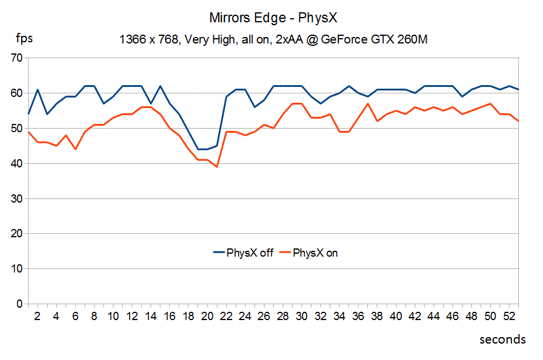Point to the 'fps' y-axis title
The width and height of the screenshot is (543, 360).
pos(24,39)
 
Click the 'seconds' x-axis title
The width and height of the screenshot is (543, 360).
pos(502,339)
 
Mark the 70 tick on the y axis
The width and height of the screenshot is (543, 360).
pos(16,58)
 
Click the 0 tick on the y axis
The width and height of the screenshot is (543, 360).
pos(19,304)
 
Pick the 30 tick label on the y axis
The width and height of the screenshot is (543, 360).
pos(16,198)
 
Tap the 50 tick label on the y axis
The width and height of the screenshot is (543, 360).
pos(16,129)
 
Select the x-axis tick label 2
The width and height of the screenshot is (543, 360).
pos(38,316)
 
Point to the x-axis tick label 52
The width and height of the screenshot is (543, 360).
pos(509,316)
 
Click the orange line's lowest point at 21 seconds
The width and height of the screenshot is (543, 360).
pos(217,167)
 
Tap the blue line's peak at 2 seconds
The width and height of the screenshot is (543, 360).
pos(38,90)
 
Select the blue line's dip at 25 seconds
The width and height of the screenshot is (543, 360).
pos(254,107)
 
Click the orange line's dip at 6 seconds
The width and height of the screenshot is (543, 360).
pos(75,149)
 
